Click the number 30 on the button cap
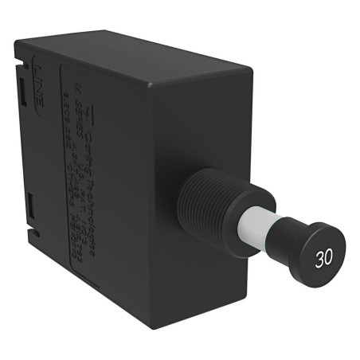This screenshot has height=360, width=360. coord(323,259)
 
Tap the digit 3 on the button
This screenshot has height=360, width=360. coord(319,259)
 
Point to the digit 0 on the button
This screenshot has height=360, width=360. coord(328,260)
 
